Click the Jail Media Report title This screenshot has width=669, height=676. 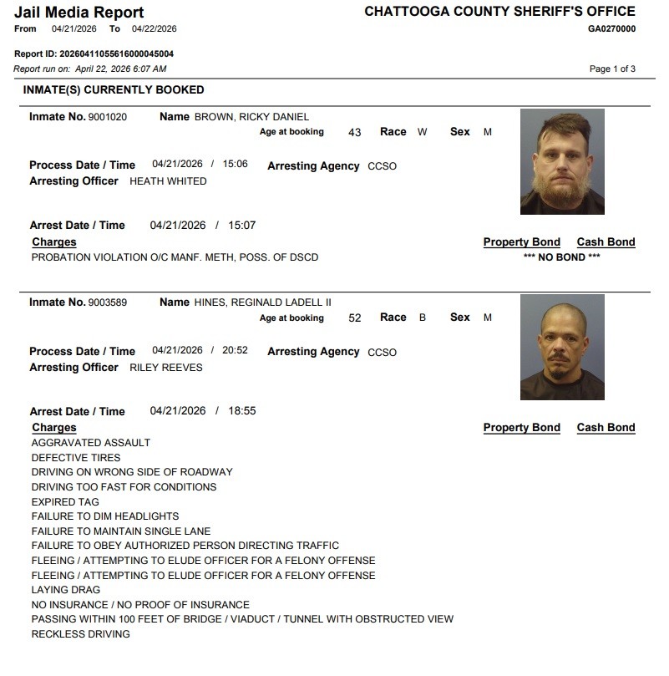pyautogui.click(x=79, y=13)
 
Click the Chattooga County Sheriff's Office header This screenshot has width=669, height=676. pyautogui.click(x=499, y=12)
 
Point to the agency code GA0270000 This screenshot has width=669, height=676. pyautogui.click(x=611, y=28)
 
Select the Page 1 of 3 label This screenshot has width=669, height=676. pyautogui.click(x=612, y=69)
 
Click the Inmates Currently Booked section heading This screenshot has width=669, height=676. pyautogui.click(x=114, y=89)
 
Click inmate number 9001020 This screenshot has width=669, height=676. pyautogui.click(x=107, y=117)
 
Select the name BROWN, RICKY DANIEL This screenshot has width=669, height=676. pyautogui.click(x=251, y=117)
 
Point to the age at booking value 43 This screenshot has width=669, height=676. pyautogui.click(x=354, y=132)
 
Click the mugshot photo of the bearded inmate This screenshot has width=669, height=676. pyautogui.click(x=561, y=161)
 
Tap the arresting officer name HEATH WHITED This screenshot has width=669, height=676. pyautogui.click(x=168, y=181)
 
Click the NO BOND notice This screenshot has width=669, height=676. pyautogui.click(x=561, y=257)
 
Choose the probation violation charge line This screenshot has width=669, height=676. pyautogui.click(x=175, y=257)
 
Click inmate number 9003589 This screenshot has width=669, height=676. pyautogui.click(x=107, y=302)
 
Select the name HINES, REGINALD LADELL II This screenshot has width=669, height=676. pyautogui.click(x=263, y=302)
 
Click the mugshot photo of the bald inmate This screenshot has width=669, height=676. pyautogui.click(x=561, y=347)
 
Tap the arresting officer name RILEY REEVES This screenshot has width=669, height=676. pyautogui.click(x=166, y=367)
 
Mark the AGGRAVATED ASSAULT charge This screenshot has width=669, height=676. pyautogui.click(x=91, y=443)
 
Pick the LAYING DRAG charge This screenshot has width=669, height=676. pyautogui.click(x=66, y=590)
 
